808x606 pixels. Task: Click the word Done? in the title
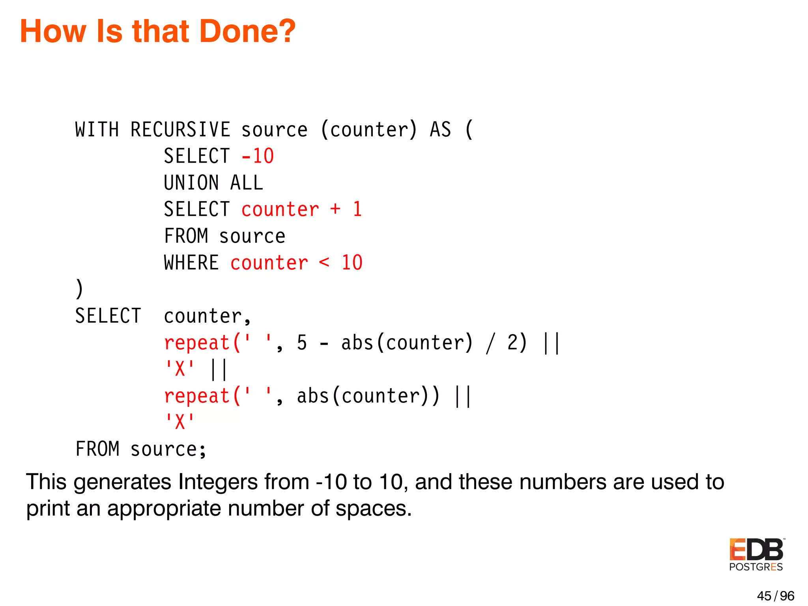[x=247, y=32]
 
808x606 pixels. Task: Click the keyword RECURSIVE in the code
[x=180, y=130]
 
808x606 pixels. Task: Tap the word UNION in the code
[x=191, y=183]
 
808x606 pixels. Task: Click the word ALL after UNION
[x=247, y=183]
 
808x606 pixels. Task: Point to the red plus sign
[x=335, y=209]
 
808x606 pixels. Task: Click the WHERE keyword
[x=191, y=263]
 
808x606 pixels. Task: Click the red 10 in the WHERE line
[x=352, y=263]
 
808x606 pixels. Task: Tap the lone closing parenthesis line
[x=79, y=289]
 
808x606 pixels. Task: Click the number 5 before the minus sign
[x=302, y=342]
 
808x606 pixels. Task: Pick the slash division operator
[x=490, y=342]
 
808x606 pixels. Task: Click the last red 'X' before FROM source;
[x=180, y=422]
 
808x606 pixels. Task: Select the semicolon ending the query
[x=202, y=450]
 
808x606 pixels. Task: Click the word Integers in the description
[x=218, y=482]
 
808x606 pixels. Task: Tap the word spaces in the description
[x=373, y=508]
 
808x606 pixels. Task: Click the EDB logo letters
[x=756, y=550]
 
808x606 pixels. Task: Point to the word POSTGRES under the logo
[x=756, y=567]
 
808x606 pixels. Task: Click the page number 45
[x=764, y=596]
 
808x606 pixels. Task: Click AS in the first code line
[x=440, y=130]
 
